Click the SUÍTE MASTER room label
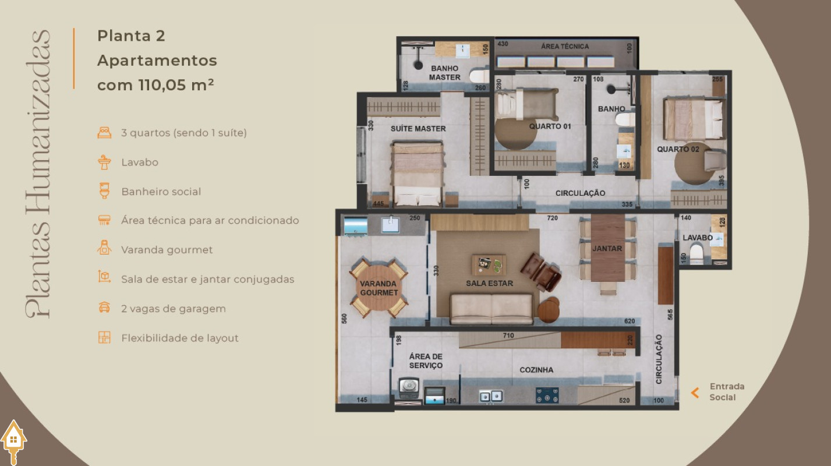[x=418, y=129]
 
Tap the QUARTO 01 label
[x=550, y=126]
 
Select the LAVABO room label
[x=698, y=238]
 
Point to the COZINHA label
[x=536, y=370]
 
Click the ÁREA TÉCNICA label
[x=565, y=47]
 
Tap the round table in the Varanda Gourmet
[x=379, y=288]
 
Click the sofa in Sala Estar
[x=491, y=309]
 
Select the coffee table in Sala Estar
[x=489, y=264]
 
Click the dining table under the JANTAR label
[x=607, y=248]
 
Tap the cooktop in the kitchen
[x=547, y=395]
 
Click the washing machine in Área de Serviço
[x=409, y=388]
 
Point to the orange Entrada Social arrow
[x=695, y=393]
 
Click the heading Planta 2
[x=131, y=36]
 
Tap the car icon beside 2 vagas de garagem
[x=104, y=308]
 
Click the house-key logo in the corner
[x=13, y=442]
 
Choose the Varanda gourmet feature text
[x=167, y=250]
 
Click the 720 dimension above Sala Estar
[x=553, y=218]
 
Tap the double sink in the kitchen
[x=491, y=396]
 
